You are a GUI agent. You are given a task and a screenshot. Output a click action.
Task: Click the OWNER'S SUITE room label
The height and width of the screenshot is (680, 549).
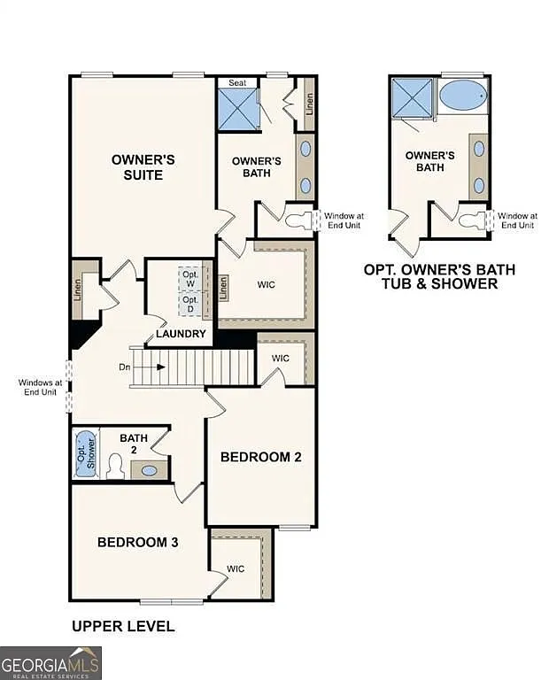click(143, 167)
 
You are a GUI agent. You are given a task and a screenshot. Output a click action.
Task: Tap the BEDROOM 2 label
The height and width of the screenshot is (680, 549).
click(261, 457)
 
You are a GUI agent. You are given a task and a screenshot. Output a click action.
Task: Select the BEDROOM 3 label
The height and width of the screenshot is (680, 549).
click(138, 542)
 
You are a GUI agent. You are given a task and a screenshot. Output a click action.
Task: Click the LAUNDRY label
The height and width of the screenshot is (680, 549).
click(182, 334)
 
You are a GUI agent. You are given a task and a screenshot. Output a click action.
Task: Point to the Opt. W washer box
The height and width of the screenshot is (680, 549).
click(190, 277)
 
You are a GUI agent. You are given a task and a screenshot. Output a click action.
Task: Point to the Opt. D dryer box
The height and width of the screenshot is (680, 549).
click(190, 303)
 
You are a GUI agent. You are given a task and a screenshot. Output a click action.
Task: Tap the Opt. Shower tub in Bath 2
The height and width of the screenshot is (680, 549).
click(85, 452)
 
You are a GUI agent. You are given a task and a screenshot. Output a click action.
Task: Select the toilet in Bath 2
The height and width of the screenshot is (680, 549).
click(114, 466)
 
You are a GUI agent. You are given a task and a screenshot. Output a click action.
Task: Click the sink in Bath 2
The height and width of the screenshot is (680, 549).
click(150, 470)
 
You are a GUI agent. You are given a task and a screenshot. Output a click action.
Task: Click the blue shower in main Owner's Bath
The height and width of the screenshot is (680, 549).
click(237, 108)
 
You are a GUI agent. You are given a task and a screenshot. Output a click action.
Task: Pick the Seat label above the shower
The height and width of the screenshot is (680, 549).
click(237, 82)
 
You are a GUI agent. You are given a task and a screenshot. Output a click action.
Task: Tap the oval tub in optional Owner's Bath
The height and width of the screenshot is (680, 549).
click(462, 95)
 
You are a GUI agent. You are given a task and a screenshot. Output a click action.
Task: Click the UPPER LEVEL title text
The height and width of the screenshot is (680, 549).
click(123, 626)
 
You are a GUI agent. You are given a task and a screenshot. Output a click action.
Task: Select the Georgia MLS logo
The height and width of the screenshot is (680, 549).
click(50, 662)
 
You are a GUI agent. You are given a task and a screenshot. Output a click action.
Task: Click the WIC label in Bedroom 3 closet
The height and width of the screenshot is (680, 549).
click(236, 568)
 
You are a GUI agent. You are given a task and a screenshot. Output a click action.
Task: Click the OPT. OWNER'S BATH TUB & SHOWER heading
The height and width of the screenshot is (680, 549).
click(439, 276)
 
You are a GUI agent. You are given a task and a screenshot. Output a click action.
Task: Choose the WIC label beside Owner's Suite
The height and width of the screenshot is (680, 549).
click(267, 285)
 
